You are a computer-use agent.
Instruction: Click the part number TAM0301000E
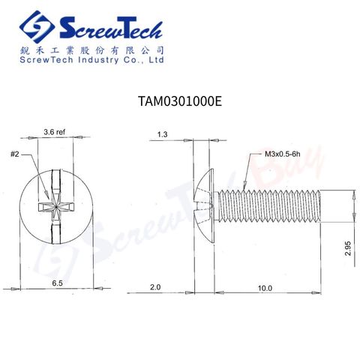click(180, 101)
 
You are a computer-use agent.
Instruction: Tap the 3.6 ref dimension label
click(55, 132)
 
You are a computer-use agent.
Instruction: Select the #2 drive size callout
click(15, 154)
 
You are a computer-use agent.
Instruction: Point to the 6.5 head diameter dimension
click(57, 283)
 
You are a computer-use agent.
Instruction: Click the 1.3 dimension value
click(162, 134)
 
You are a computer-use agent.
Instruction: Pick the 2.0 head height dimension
click(155, 287)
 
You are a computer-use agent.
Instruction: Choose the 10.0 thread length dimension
click(265, 288)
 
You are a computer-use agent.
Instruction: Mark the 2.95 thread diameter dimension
click(348, 248)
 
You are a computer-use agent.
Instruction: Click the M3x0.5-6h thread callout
click(283, 154)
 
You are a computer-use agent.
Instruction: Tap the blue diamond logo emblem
click(37, 27)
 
